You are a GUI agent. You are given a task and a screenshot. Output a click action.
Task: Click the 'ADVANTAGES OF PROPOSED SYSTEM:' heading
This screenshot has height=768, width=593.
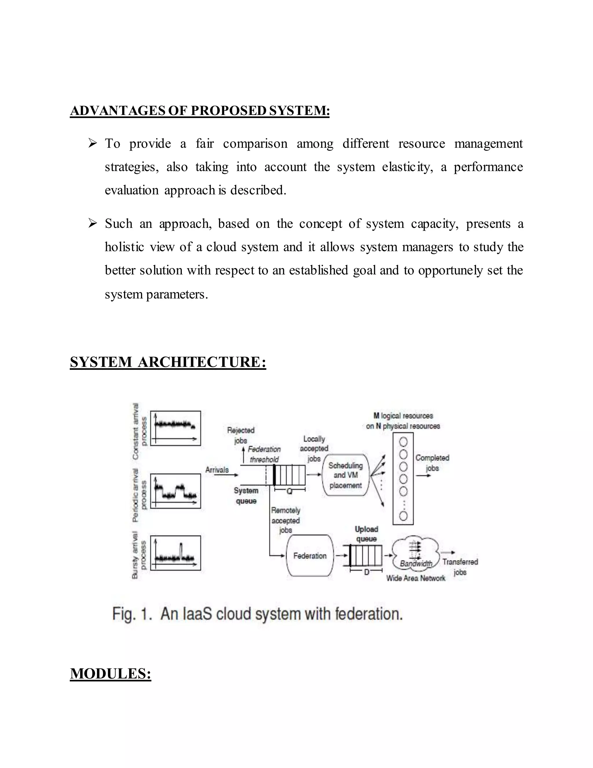(x=200, y=111)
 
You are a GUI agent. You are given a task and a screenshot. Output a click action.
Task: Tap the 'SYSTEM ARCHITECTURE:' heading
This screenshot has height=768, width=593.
(x=168, y=362)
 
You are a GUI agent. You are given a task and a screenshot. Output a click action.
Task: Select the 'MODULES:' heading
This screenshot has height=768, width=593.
(x=110, y=674)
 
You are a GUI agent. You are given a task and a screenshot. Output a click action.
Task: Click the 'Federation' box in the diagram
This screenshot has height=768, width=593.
(x=310, y=556)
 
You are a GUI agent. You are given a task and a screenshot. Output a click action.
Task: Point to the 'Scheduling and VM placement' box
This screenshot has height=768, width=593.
(x=345, y=475)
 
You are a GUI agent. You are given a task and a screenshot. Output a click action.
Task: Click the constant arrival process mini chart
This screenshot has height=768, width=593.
(x=175, y=428)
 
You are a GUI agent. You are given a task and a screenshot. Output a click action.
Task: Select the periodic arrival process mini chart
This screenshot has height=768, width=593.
(x=175, y=491)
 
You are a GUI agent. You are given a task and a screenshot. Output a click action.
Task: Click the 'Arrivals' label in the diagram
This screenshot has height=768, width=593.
(x=217, y=470)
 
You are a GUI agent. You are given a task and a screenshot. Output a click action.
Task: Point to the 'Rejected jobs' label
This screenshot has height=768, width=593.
(x=241, y=435)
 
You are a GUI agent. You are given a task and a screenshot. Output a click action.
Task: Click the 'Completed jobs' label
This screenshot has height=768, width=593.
(x=432, y=463)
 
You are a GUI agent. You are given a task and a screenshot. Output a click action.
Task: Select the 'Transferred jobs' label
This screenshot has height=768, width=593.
(x=460, y=567)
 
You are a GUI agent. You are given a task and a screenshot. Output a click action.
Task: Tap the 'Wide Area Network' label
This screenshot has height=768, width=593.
(x=416, y=578)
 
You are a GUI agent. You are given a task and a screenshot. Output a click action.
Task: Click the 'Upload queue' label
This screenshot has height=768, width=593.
(x=366, y=534)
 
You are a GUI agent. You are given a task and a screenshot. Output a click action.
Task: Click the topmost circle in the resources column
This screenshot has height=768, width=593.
(x=403, y=442)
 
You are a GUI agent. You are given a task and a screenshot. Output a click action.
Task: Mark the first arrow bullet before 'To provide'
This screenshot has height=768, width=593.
(x=92, y=143)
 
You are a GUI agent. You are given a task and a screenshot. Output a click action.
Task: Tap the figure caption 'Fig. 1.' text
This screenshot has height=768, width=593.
(x=132, y=614)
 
